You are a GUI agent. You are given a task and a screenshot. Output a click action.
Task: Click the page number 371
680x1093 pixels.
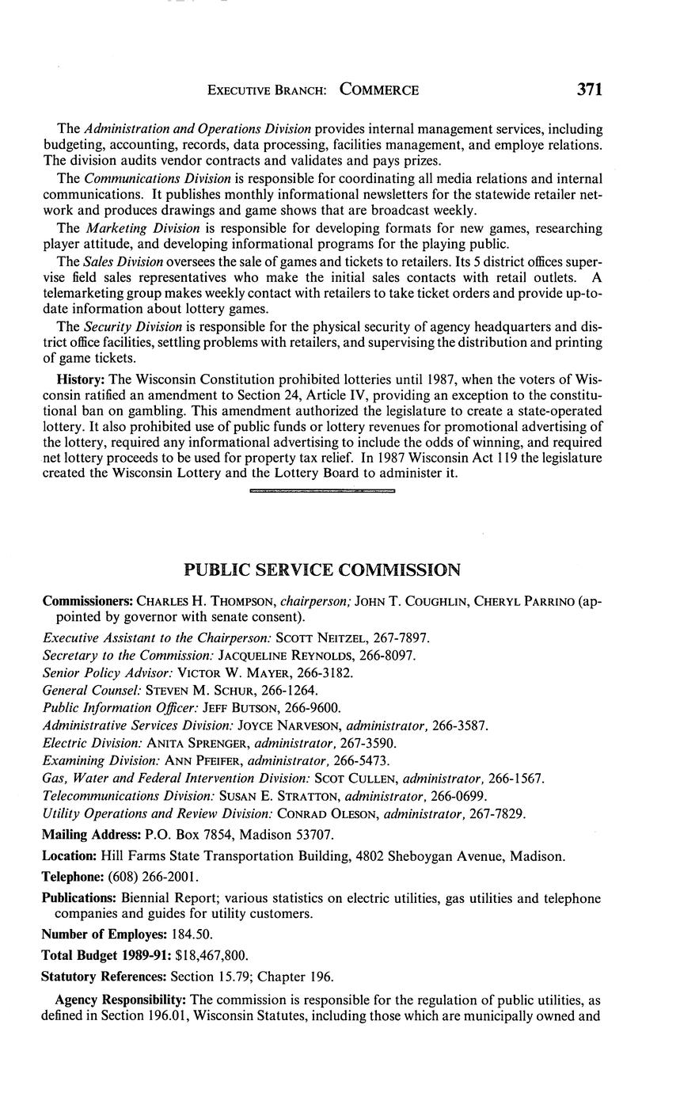coord(590,89)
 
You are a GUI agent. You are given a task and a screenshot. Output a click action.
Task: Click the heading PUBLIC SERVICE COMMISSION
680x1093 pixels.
coord(321,570)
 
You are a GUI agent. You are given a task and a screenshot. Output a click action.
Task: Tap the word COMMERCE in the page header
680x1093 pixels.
coord(379,90)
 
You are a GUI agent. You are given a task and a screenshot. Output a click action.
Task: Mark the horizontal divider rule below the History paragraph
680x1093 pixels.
coord(321,492)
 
